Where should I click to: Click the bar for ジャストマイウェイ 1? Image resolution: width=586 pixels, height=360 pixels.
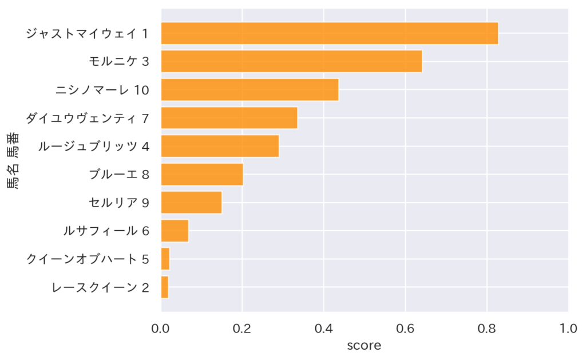(329, 33)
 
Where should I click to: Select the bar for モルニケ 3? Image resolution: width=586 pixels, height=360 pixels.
(291, 61)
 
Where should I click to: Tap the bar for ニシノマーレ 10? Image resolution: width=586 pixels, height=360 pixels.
(250, 89)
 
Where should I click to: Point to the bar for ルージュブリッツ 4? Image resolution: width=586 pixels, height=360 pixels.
(220, 146)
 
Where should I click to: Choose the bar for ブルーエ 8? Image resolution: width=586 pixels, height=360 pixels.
(202, 174)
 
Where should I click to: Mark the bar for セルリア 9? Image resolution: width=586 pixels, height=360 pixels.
(191, 202)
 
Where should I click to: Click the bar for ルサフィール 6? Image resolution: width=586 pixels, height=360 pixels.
(175, 231)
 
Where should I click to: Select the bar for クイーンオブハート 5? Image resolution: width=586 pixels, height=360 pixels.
(165, 259)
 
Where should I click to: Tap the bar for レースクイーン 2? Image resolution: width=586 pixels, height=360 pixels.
(165, 287)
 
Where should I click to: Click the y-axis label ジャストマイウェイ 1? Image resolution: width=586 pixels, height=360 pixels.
(88, 34)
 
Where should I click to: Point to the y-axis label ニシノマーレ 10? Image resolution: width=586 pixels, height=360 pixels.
(102, 90)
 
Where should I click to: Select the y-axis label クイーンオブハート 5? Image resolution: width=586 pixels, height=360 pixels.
(88, 259)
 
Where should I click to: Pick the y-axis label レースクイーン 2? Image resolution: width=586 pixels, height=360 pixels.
(100, 287)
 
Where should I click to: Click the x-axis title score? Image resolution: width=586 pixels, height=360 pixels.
(365, 346)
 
